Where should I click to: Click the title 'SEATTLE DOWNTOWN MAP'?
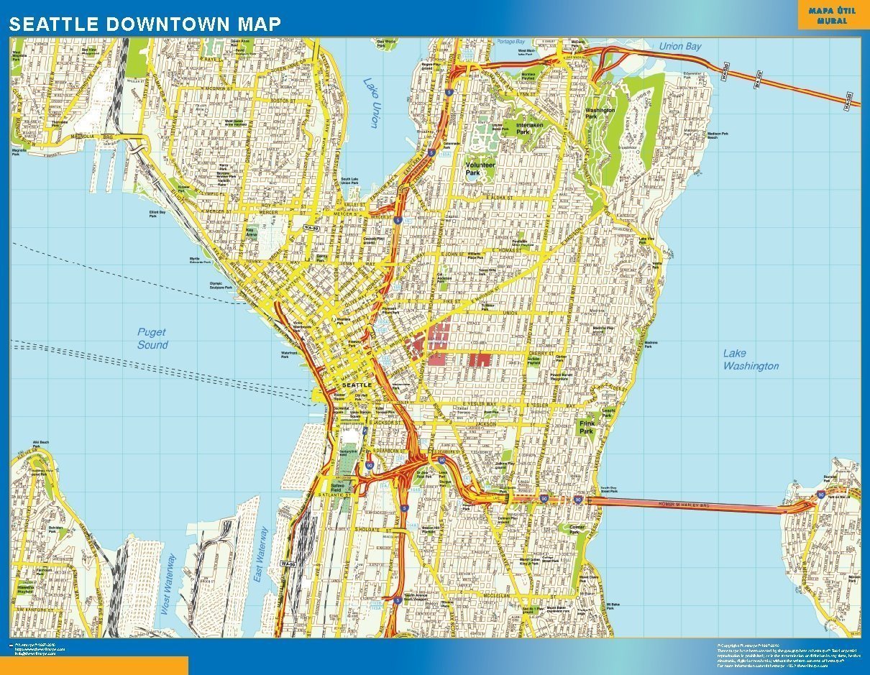(x=145, y=24)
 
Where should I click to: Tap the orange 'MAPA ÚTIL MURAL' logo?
(x=828, y=16)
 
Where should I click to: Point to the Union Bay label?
(x=680, y=47)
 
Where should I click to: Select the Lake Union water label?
(x=371, y=104)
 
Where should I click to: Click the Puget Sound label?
(x=152, y=339)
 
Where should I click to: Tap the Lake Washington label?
(x=750, y=359)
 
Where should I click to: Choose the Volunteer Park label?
(x=480, y=169)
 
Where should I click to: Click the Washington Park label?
(x=600, y=114)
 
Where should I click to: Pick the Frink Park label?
(x=587, y=428)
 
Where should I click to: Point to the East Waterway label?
(x=261, y=553)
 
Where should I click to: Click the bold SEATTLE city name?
(x=357, y=385)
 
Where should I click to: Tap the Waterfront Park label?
(x=289, y=355)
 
